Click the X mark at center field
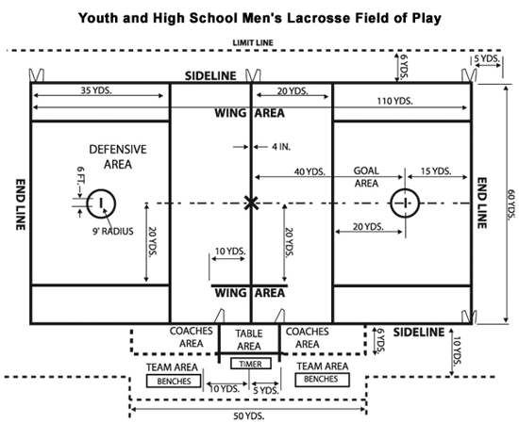point(251,203)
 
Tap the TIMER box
point(251,364)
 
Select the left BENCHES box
point(174,381)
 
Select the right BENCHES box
point(322,379)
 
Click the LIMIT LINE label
point(253,43)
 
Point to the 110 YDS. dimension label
point(394,101)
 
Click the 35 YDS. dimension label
point(96,90)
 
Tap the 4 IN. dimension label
point(281,147)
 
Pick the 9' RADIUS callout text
point(113,232)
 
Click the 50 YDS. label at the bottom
point(248,415)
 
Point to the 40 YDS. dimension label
point(310,171)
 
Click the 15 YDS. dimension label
point(436,171)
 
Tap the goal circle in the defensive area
point(101,189)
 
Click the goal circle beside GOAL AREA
point(405,189)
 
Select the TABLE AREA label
point(249,340)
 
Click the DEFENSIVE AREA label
point(118,156)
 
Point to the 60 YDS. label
point(511,203)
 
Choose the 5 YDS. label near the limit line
point(487,58)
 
